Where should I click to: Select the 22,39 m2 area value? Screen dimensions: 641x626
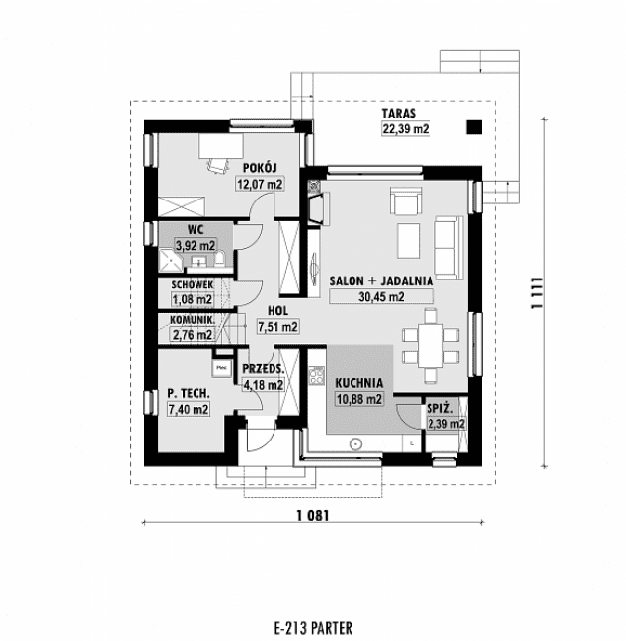pos(406,129)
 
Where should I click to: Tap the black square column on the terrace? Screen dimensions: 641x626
pos(474,126)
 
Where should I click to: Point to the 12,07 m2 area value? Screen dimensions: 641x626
pos(259,184)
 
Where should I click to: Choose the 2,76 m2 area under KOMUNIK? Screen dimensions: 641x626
pos(192,335)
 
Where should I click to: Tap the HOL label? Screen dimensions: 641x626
pos(277,309)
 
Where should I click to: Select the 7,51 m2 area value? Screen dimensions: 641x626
pos(277,325)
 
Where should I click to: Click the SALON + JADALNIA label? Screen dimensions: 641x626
pos(381,280)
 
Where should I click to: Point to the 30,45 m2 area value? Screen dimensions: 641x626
pos(381,296)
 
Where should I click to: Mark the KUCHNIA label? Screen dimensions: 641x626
pos(358,382)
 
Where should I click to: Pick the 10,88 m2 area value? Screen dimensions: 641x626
pos(358,398)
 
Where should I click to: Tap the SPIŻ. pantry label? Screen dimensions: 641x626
pos(439,408)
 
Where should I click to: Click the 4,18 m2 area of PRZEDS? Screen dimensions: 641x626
pos(264,385)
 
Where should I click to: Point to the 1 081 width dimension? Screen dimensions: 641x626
pos(309,515)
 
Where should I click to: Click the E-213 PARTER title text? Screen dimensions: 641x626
pos(312,627)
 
